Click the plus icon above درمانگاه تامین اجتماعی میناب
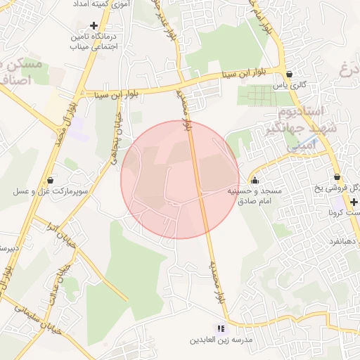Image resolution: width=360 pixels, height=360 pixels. coord(93,25)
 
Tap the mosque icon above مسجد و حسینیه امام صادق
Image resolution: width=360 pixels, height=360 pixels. coord(254,180)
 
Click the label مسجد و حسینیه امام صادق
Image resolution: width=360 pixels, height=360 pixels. coord(254,195)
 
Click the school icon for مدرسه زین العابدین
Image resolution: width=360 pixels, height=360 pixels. coord(221,328)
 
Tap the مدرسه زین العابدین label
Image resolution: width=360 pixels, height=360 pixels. coord(217,340)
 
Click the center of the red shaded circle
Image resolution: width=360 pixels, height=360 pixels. coord(180,179)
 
